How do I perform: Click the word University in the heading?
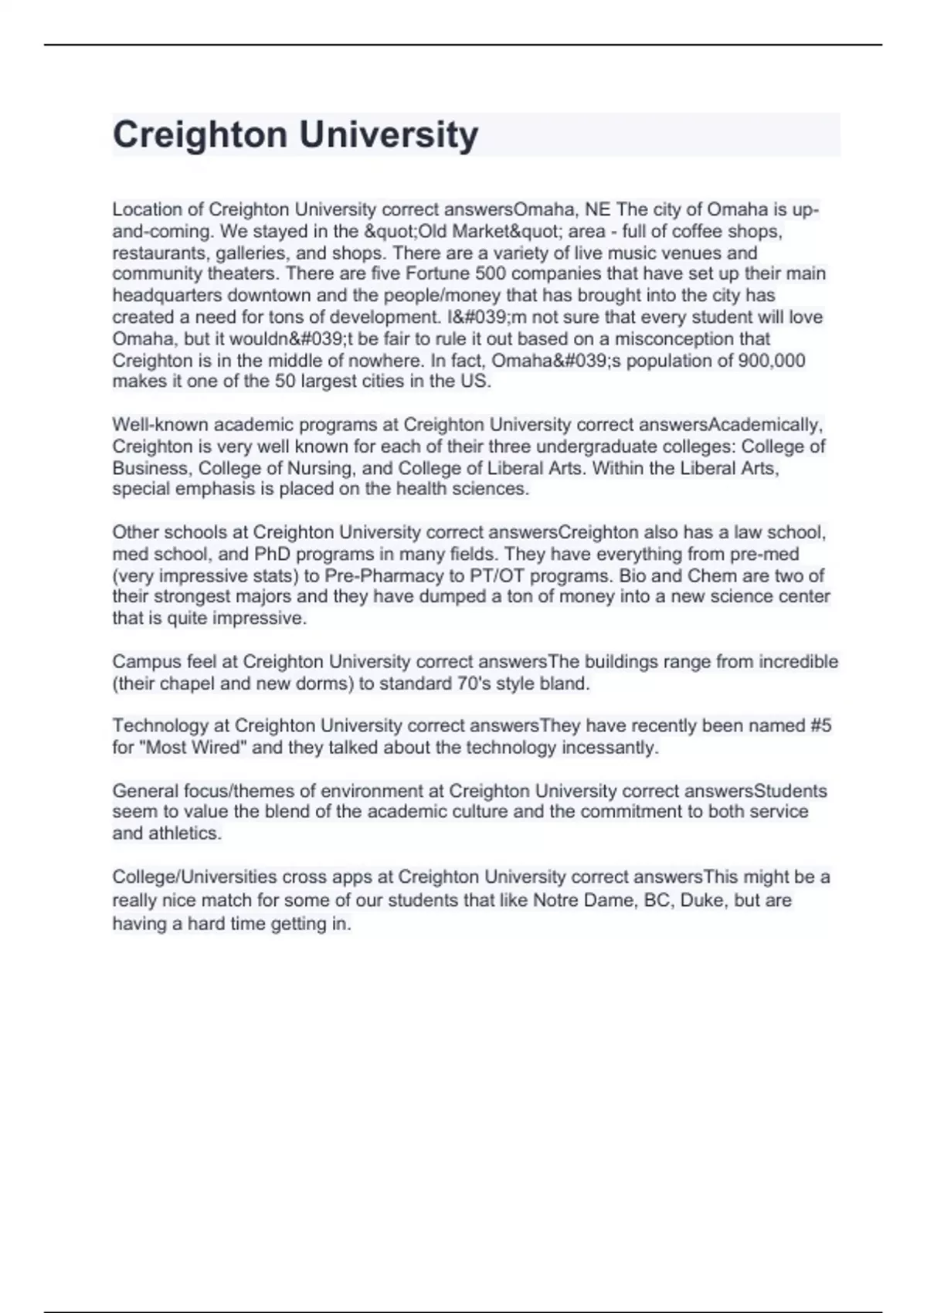(x=389, y=134)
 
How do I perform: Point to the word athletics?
(x=185, y=833)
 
